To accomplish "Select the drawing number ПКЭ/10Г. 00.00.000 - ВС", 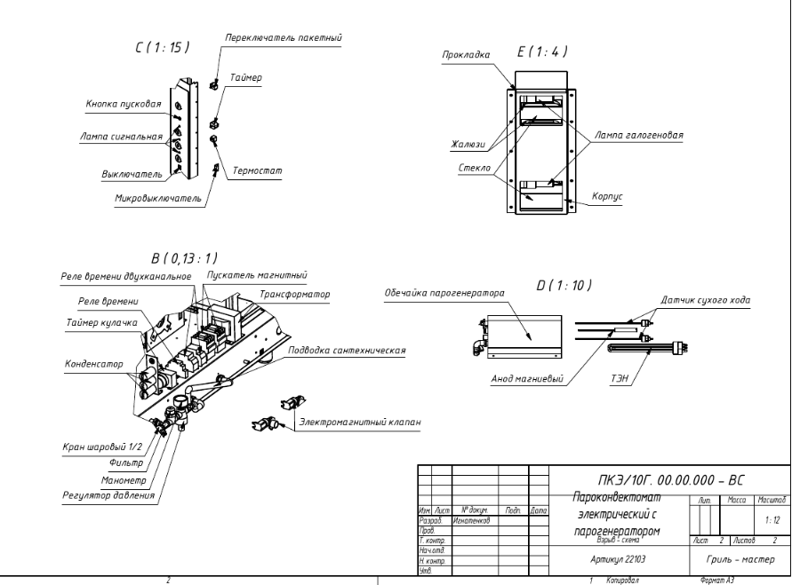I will tap(669, 479).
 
